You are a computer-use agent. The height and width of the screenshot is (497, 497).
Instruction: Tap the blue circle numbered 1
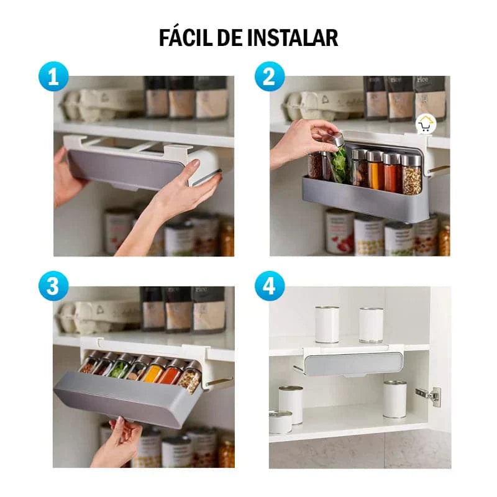(x=53, y=76)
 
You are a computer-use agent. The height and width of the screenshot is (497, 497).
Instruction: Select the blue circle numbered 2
(x=270, y=76)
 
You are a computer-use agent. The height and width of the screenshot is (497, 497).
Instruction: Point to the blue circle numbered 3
(x=53, y=286)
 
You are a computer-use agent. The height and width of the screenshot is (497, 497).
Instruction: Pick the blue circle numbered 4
(x=270, y=286)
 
